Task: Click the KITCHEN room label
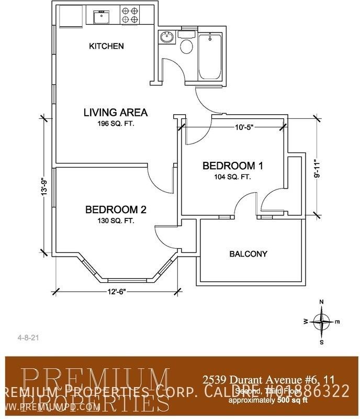(x=106, y=46)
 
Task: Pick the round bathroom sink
(x=167, y=38)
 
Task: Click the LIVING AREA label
(x=116, y=112)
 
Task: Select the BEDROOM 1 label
(x=233, y=166)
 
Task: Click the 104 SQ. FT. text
(x=233, y=177)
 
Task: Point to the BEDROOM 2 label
(x=116, y=210)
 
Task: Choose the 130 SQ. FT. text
(x=116, y=221)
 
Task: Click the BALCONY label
(x=249, y=254)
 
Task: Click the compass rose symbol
(x=322, y=321)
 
